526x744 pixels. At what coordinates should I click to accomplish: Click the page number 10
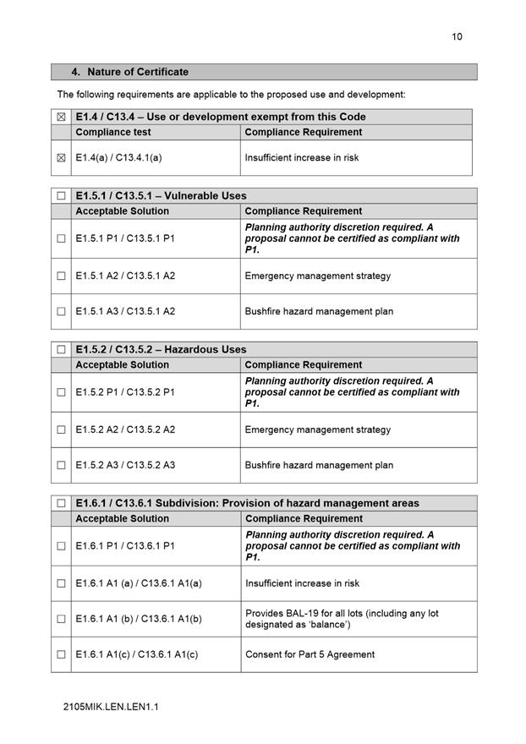[x=457, y=36]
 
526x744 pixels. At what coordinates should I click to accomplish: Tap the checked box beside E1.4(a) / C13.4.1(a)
[x=61, y=157]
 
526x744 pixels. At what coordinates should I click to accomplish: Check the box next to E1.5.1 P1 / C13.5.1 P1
[x=61, y=238]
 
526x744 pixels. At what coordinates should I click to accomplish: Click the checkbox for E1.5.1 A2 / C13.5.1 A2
[x=61, y=276]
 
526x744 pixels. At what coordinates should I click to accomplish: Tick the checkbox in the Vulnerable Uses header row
[x=61, y=196]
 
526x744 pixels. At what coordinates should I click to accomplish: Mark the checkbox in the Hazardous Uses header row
[x=61, y=350]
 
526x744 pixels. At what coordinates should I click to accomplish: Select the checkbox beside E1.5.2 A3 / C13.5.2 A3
[x=61, y=465]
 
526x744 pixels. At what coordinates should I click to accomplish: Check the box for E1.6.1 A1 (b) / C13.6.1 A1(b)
[x=61, y=619]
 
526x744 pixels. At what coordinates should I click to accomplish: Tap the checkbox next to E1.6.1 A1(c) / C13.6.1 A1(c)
[x=61, y=654]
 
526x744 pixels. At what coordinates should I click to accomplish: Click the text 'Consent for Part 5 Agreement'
[x=310, y=654]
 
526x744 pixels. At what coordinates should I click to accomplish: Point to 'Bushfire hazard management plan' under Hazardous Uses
[x=319, y=465]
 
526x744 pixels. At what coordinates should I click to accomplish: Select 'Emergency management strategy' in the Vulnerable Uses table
[x=318, y=276]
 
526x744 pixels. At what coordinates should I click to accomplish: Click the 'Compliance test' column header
[x=113, y=132]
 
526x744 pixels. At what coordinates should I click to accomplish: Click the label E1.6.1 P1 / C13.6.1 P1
[x=125, y=546]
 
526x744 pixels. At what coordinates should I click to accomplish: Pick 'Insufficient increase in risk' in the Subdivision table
[x=302, y=583]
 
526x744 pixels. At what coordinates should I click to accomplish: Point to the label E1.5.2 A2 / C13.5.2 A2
[x=125, y=429]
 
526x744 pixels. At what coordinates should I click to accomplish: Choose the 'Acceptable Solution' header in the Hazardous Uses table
[x=122, y=365]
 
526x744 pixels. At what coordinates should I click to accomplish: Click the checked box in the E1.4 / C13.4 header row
[x=61, y=117]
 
